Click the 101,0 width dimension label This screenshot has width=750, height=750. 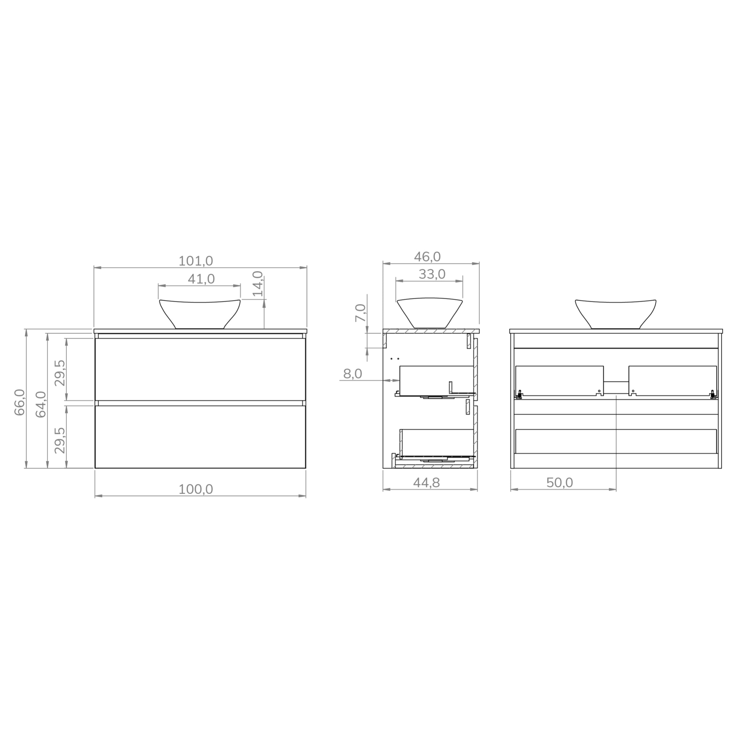(196, 261)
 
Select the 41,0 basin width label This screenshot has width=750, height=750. (201, 279)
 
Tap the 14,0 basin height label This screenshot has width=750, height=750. (258, 284)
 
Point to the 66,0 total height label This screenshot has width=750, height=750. (19, 402)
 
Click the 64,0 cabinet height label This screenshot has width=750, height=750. (41, 404)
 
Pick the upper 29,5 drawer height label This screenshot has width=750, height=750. (60, 373)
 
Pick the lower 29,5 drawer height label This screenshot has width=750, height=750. (60, 440)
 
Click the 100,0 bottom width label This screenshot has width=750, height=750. (196, 490)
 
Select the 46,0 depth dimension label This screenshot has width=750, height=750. (427, 257)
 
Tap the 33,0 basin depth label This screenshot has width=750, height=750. (432, 274)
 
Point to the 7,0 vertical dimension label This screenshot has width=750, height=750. (360, 313)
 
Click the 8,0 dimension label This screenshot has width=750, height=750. (353, 374)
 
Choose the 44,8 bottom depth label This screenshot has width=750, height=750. (426, 483)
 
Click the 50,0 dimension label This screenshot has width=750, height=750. (560, 483)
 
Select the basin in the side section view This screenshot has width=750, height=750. (429, 311)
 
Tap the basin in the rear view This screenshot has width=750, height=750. (615, 313)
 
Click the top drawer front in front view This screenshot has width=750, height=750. (200, 369)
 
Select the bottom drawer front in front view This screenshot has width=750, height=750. (200, 437)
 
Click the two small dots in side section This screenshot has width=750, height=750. (395, 359)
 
